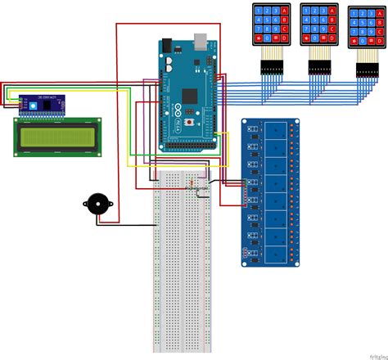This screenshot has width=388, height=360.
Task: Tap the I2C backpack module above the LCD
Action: (x=41, y=104)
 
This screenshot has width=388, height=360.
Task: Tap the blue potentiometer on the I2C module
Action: (x=34, y=105)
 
